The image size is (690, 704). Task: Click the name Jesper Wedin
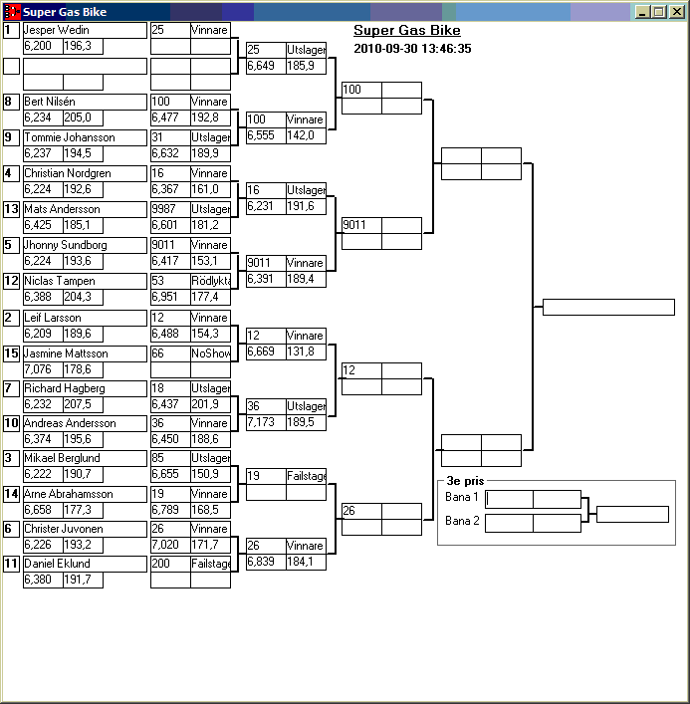pyautogui.click(x=57, y=31)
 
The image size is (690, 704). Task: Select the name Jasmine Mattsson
pyautogui.click(x=66, y=353)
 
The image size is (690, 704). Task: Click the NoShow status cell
pyautogui.click(x=210, y=353)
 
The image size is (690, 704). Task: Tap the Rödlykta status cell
pyautogui.click(x=210, y=282)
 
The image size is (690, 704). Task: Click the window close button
pyautogui.click(x=676, y=12)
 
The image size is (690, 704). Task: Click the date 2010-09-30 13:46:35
pyautogui.click(x=412, y=48)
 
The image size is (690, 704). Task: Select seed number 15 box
pyautogui.click(x=11, y=353)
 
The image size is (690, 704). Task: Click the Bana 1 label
pyautogui.click(x=462, y=497)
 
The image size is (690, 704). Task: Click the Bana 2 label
pyautogui.click(x=462, y=521)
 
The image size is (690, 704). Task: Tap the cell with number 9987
pyautogui.click(x=167, y=210)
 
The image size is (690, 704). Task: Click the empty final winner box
pyautogui.click(x=608, y=307)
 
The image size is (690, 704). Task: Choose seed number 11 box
pyautogui.click(x=11, y=564)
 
